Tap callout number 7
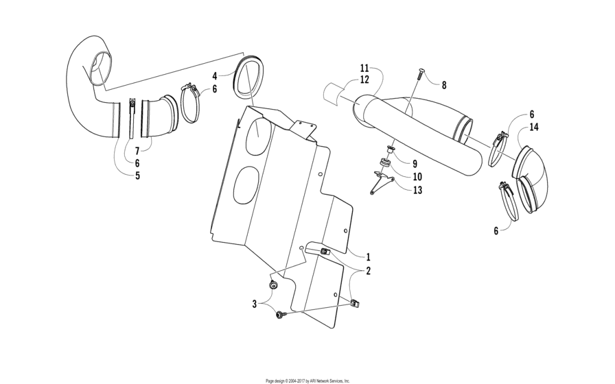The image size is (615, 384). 137,150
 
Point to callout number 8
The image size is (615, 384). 443,85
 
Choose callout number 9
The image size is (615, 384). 415,164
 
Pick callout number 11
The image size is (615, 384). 364,68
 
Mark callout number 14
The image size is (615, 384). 533,128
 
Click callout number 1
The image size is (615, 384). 368,256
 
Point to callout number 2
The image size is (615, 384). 368,271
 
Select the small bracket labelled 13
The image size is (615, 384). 379,184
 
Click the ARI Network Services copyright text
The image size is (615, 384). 307,380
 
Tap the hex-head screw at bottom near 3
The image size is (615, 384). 281,315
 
